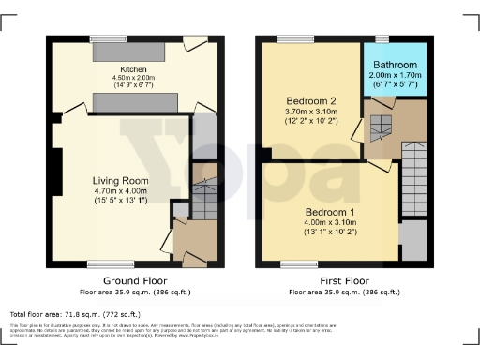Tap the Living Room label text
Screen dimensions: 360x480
pyautogui.click(x=121, y=180)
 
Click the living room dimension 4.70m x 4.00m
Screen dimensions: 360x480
pyautogui.click(x=121, y=190)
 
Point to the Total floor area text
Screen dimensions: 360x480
pyautogui.click(x=75, y=314)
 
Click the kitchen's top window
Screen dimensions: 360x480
pyautogui.click(x=102, y=38)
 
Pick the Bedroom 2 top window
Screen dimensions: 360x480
pyautogui.click(x=289, y=38)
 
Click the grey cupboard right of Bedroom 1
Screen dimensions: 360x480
pyautogui.click(x=412, y=241)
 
